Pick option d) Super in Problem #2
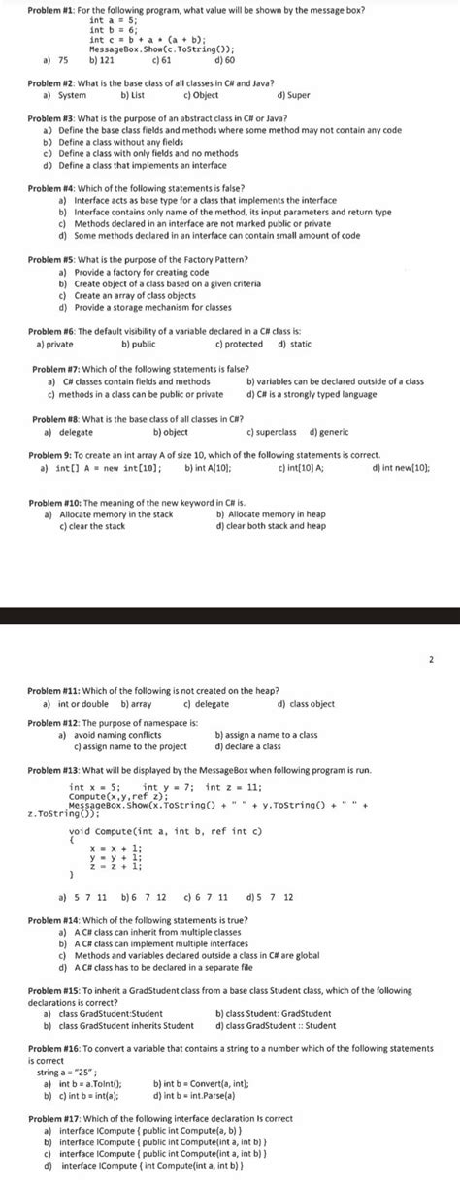tap(293, 96)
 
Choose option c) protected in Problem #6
tap(238, 344)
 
